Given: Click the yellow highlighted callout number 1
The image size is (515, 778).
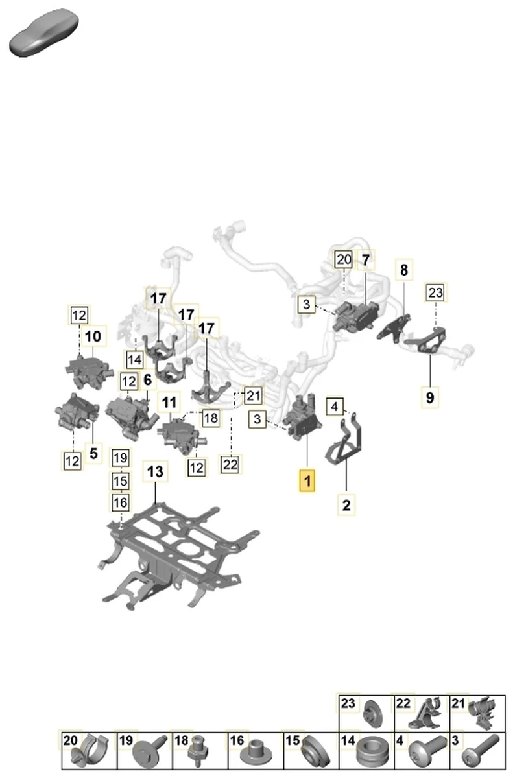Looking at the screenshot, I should (x=306, y=482).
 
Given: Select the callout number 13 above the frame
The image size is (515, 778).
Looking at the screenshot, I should (x=156, y=472).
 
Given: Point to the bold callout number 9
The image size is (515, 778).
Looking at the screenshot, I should (x=429, y=395).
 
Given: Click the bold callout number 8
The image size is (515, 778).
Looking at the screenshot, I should (x=404, y=270).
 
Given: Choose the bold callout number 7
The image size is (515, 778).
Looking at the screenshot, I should (x=365, y=261).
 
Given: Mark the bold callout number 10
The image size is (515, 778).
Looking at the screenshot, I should (x=93, y=336).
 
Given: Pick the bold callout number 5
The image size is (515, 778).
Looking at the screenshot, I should (x=93, y=454).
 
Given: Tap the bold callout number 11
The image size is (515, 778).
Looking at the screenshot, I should (x=169, y=403).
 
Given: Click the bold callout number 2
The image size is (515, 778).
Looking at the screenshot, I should (x=346, y=504).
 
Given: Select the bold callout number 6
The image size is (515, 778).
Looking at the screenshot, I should (x=147, y=381).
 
